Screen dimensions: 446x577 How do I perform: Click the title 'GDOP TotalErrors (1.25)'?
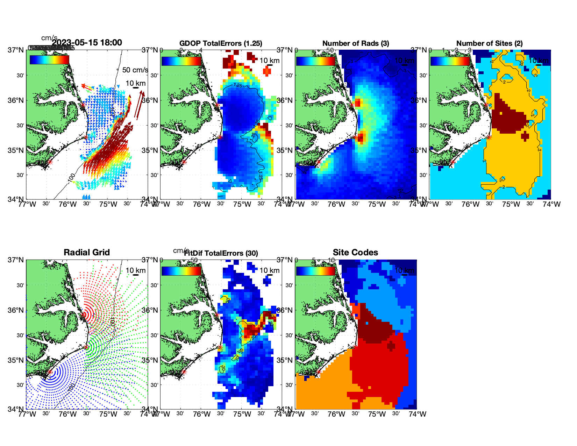(x=221, y=43)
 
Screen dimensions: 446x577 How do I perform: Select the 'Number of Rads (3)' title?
(x=356, y=43)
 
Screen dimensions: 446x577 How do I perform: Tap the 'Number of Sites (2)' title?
(x=489, y=43)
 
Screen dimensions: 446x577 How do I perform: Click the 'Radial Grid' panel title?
(x=87, y=253)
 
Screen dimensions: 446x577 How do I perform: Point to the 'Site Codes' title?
(x=355, y=253)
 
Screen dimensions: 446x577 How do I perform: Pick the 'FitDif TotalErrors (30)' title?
(x=221, y=253)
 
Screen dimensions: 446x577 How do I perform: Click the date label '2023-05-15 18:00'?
(x=87, y=43)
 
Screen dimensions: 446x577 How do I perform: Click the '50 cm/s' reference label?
(x=135, y=70)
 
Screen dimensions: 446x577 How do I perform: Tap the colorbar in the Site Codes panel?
(x=315, y=271)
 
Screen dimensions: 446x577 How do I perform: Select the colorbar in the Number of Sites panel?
(x=450, y=61)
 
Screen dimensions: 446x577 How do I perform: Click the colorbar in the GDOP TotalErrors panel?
(x=181, y=61)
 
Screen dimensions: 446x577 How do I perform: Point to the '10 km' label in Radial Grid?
(x=135, y=270)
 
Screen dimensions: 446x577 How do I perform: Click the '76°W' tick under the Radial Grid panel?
(x=67, y=414)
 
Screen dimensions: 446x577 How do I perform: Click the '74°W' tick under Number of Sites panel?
(x=551, y=204)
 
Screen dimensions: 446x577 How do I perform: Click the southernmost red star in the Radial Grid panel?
(x=50, y=372)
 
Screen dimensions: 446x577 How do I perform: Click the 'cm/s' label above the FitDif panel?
(x=181, y=250)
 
